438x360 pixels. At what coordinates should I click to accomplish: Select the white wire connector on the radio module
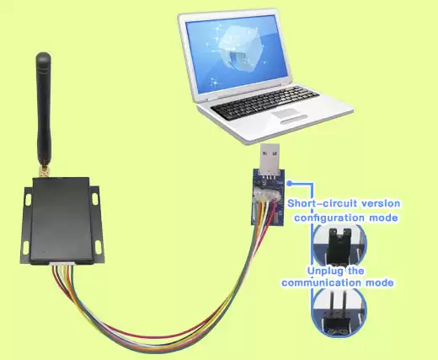(x=64, y=269)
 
